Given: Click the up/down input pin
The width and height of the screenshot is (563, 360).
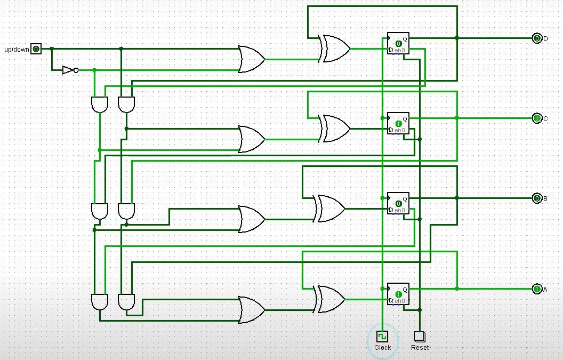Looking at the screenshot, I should pos(36,49).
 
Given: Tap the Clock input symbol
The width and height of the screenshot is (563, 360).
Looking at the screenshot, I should pos(382,337).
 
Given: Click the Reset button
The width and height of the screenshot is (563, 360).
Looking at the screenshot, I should pos(420,337).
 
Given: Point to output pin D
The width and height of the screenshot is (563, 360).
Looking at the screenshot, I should pos(537,38).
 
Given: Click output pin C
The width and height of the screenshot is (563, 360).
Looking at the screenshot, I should pos(537,118).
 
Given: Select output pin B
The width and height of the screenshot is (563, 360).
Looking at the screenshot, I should pos(537,198).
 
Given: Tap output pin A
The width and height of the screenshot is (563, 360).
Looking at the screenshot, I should pos(537,289).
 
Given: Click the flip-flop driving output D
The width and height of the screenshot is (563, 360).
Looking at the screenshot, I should pos(398,43).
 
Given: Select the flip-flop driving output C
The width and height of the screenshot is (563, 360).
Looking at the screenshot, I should pos(398,123).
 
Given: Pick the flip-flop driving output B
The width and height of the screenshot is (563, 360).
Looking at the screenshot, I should pos(398,203).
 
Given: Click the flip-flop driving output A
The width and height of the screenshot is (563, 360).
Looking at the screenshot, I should pos(398,294).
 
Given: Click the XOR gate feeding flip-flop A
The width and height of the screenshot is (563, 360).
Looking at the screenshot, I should pos(331,299).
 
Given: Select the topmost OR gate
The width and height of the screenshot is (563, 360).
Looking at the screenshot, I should pos(251,59).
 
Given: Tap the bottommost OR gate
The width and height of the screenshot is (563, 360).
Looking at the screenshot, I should pos(251,310).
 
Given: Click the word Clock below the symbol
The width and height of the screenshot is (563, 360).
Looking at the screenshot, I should pos(382,348).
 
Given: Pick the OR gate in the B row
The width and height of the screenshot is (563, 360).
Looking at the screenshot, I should pos(251,219).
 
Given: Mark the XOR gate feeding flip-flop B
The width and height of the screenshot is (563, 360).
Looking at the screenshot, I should pos(331,209).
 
